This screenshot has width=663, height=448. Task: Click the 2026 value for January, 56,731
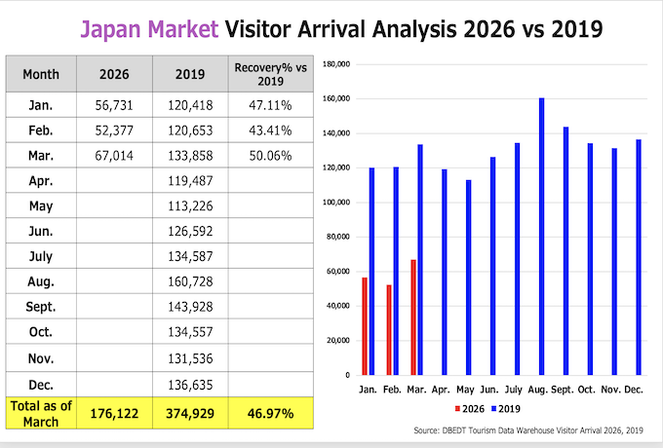(114, 105)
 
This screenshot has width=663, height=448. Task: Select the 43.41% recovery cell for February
(270, 131)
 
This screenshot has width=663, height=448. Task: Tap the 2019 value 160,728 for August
(190, 281)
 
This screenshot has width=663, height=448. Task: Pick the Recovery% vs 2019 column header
(271, 74)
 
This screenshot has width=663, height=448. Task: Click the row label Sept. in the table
(41, 307)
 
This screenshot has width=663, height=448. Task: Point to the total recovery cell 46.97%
(271, 413)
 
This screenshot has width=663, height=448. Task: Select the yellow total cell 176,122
(114, 413)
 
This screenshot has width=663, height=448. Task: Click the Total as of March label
(41, 413)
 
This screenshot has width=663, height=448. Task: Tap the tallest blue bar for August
(542, 237)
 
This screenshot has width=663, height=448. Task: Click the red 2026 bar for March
(413, 317)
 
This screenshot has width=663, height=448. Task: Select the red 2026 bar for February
(389, 330)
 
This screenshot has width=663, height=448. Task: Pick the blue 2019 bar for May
(469, 278)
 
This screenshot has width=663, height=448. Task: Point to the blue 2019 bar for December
(639, 257)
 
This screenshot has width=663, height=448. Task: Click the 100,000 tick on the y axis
(338, 203)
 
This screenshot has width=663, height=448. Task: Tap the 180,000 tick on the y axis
(336, 64)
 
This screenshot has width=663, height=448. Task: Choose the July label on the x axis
(513, 390)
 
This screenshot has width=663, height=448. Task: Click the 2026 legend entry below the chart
(469, 409)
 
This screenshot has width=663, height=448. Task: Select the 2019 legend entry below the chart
(506, 409)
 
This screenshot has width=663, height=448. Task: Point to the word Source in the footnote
(427, 430)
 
